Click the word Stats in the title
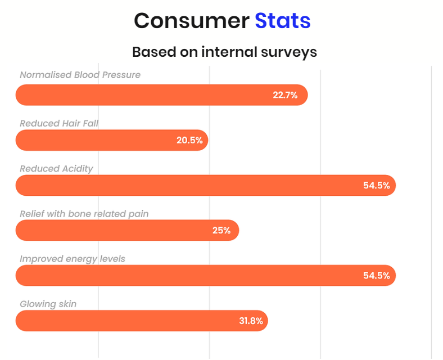283,21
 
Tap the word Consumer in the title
192,21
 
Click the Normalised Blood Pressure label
80,75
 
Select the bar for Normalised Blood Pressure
161,95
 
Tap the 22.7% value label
285,95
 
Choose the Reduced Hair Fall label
59,124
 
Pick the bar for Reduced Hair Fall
112,140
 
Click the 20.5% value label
189,141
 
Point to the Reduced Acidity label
56,169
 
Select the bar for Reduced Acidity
206,186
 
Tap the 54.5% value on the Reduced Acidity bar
377,186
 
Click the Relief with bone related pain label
84,214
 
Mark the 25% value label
221,231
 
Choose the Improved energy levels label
73,259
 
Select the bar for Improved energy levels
206,276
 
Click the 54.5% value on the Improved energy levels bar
377,276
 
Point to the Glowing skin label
48,304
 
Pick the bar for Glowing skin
142,321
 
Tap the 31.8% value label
251,321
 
